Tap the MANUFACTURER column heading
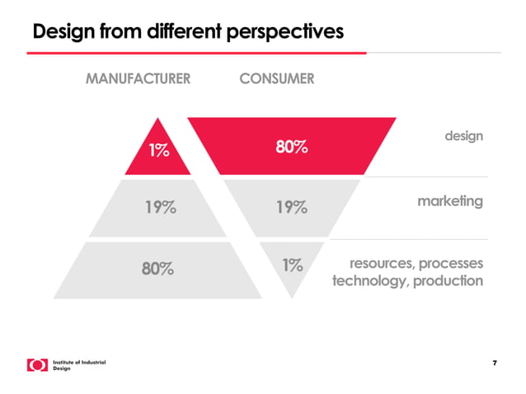[139, 79]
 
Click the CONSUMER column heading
[276, 79]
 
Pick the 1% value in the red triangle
[159, 151]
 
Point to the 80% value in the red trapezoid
[291, 148]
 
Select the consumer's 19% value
[291, 207]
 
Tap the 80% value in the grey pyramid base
[157, 268]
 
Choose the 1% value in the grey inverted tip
[292, 265]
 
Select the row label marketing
[449, 200]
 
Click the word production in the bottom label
[449, 281]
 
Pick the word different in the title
[170, 32]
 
